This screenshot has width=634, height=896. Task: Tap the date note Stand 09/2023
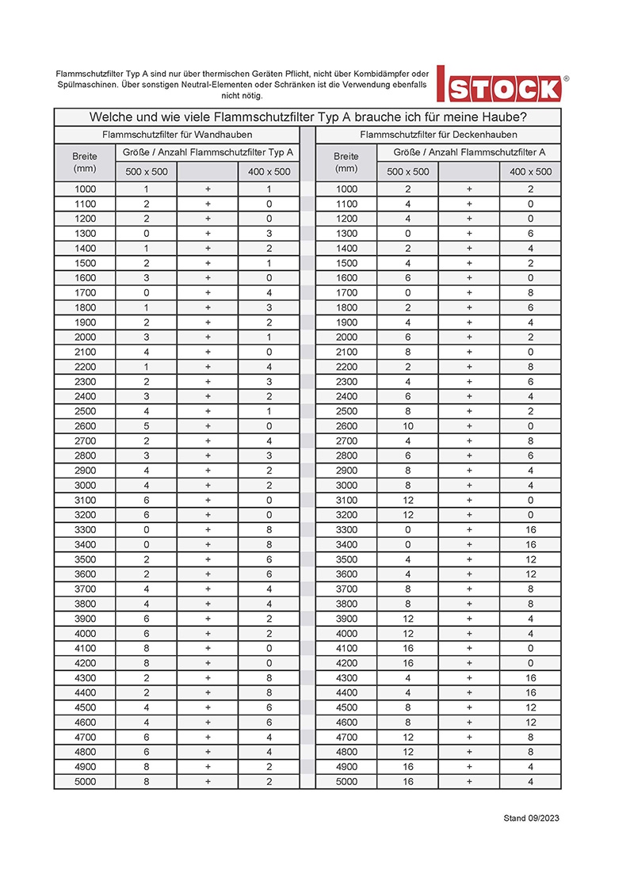click(531, 818)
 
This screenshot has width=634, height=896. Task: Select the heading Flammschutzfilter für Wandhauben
click(177, 135)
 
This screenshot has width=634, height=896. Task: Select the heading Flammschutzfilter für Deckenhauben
click(438, 135)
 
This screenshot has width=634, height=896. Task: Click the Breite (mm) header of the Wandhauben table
click(85, 162)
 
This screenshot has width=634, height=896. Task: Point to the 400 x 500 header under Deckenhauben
click(530, 172)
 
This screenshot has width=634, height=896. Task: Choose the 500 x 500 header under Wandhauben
click(146, 172)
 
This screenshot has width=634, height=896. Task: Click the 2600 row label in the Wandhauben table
click(85, 426)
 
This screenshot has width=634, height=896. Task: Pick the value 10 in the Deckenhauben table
click(407, 426)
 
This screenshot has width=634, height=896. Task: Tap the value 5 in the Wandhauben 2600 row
click(146, 426)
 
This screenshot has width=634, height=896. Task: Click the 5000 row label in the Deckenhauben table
click(346, 782)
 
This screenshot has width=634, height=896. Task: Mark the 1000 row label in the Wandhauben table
click(85, 189)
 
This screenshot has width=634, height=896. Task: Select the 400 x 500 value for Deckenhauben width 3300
click(530, 530)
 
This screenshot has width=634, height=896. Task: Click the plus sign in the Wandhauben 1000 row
click(208, 189)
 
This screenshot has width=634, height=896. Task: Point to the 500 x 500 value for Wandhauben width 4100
click(146, 648)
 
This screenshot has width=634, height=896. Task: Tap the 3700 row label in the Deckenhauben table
click(346, 589)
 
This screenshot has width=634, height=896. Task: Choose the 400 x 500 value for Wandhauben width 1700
click(269, 293)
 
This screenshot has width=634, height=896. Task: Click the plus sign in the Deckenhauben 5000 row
click(469, 782)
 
